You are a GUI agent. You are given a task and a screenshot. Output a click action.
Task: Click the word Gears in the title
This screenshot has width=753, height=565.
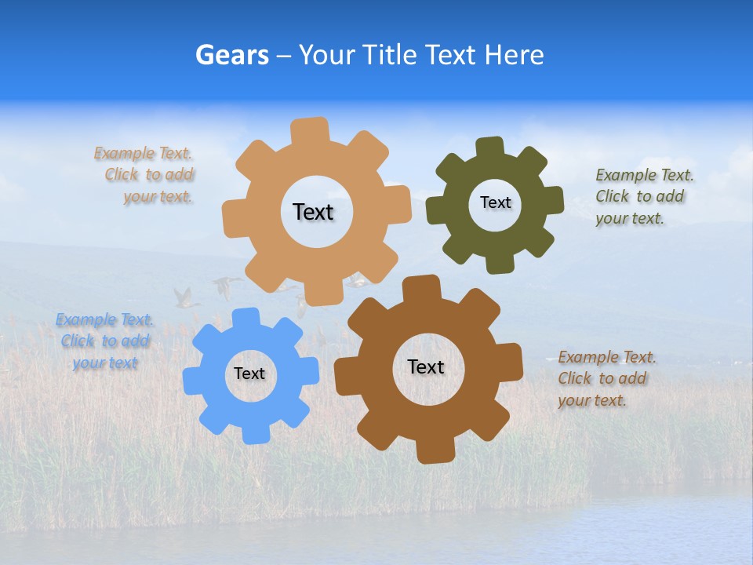point(231,55)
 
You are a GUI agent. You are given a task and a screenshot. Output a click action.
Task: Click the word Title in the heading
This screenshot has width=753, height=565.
point(389,55)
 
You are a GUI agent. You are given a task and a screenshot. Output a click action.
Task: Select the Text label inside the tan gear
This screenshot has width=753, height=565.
point(313,212)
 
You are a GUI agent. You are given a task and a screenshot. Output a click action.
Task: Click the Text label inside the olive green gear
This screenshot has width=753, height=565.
point(495,202)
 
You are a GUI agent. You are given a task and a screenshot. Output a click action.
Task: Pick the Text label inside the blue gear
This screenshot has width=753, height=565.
point(249,374)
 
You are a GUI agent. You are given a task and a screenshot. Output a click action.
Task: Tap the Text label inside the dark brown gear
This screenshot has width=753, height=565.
point(426,366)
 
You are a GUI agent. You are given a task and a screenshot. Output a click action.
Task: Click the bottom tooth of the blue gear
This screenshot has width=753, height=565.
point(255,433)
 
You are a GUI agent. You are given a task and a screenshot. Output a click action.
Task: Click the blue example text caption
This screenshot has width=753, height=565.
point(104,341)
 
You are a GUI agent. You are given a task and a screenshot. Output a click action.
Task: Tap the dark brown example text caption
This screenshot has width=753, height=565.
point(604,378)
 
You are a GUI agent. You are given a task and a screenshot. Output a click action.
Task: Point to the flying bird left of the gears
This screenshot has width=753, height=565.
point(185,297)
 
